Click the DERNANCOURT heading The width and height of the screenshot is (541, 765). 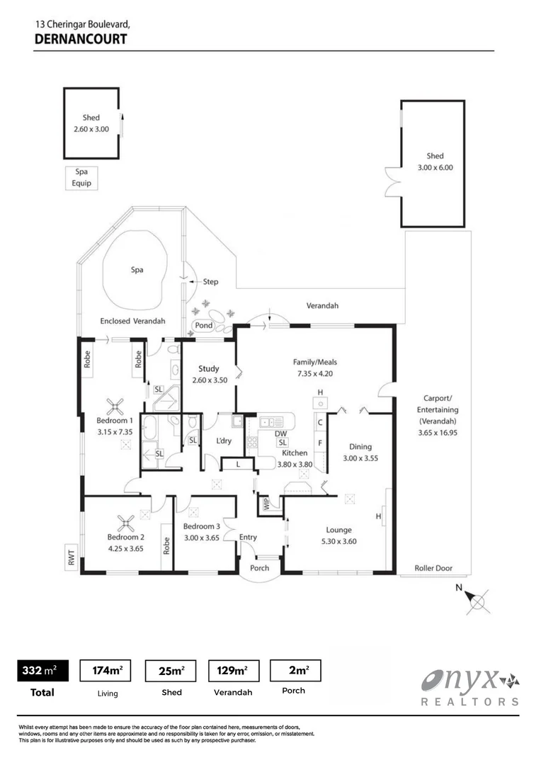click(80, 38)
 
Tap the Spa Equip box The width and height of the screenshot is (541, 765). click(78, 178)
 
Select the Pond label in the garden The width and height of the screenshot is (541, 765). click(203, 326)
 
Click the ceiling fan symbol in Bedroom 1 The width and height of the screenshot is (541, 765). click(115, 407)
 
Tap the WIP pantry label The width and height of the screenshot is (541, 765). click(267, 504)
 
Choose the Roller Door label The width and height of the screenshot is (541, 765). click(434, 568)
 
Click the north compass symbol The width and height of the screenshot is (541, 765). click(479, 601)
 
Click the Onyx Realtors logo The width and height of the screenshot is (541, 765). click(470, 688)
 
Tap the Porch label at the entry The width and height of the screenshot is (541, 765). click(259, 568)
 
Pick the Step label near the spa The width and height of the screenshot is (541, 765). click(210, 282)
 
